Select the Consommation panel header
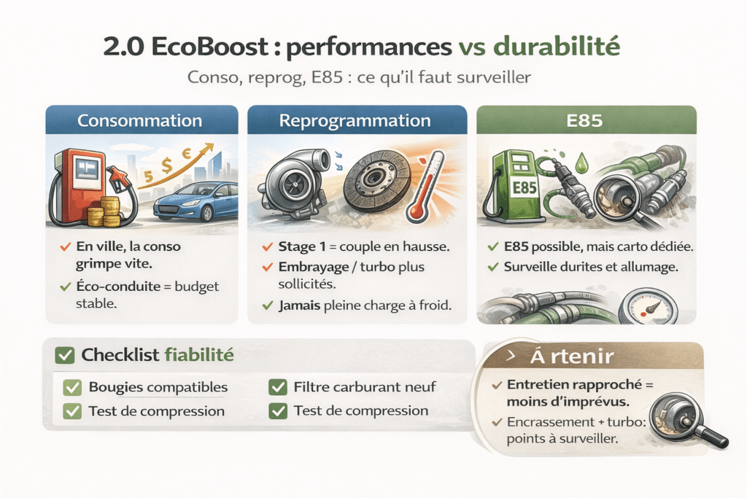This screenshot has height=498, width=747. click(140, 120)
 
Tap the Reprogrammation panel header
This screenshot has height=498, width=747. click(357, 120)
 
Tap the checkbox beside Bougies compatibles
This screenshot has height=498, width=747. click(72, 387)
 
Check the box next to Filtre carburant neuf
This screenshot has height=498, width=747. click(277, 387)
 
